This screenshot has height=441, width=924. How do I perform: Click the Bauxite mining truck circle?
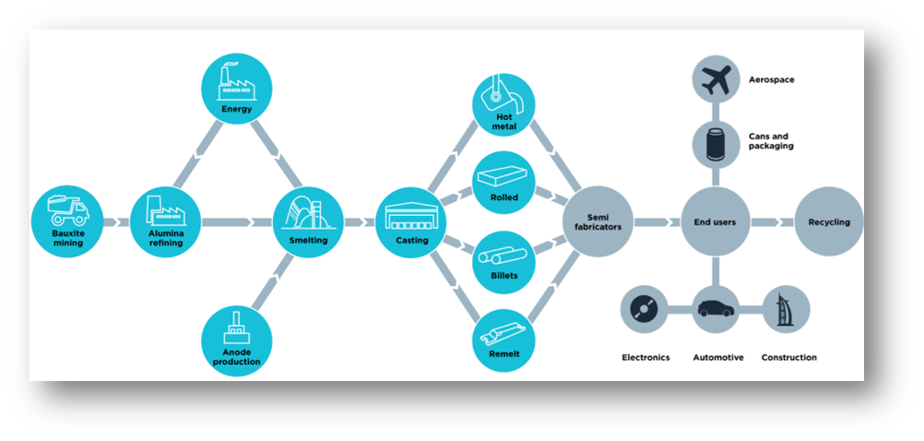(x=66, y=221)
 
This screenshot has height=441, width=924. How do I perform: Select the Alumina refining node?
(x=165, y=221)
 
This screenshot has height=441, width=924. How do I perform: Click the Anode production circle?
(x=236, y=340)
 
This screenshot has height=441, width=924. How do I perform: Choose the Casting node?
(x=409, y=221)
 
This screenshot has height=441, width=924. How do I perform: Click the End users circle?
(x=714, y=221)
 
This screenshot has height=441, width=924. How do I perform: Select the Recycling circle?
(x=828, y=221)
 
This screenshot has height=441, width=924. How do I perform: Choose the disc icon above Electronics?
(x=645, y=309)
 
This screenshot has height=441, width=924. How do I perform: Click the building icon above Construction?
(x=788, y=309)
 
